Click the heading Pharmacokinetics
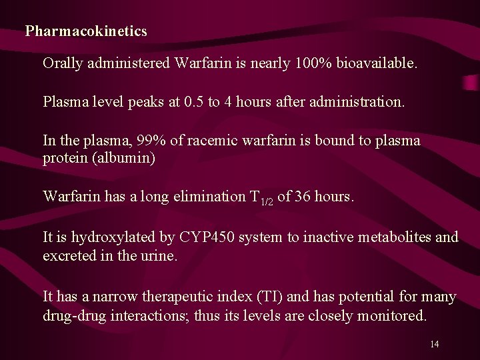[x=86, y=31]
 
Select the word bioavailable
[x=376, y=64]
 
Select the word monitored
[x=393, y=315]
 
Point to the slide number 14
[x=434, y=344]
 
